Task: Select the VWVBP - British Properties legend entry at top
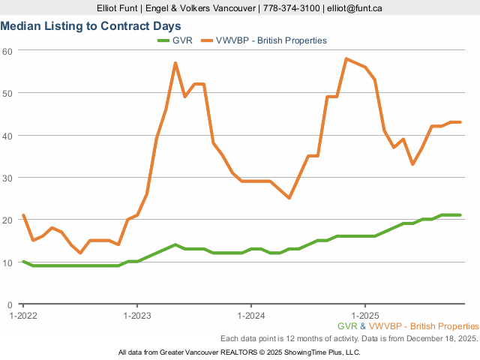[x=271, y=40]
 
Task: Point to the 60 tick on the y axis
[x=7, y=50]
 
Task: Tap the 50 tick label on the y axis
[x=7, y=93]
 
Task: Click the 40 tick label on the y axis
[x=7, y=135]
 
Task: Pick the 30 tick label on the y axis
[x=7, y=178]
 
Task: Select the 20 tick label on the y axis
[x=7, y=220]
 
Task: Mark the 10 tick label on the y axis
[x=7, y=262]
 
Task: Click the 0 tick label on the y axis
[x=10, y=304]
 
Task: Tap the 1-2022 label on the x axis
[x=23, y=316]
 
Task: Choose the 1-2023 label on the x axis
[x=136, y=316]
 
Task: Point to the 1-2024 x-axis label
[x=250, y=316]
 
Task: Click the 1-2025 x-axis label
[x=364, y=316]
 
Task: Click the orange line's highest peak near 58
[x=346, y=58]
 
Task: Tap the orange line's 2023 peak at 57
[x=175, y=63]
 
